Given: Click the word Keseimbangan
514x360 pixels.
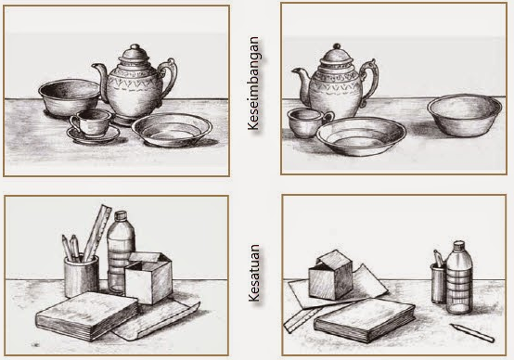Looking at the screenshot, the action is pyautogui.click(x=253, y=84).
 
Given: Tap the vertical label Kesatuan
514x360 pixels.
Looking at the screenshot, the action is pyautogui.click(x=253, y=273).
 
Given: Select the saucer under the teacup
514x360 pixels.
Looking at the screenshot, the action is pyautogui.click(x=94, y=135).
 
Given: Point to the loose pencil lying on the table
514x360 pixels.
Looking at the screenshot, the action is pyautogui.click(x=472, y=333).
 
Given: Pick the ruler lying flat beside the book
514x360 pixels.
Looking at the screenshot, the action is pyautogui.click(x=303, y=319).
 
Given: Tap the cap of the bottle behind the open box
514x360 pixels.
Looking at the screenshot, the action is pyautogui.click(x=121, y=215).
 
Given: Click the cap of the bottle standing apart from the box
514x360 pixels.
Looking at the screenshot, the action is pyautogui.click(x=458, y=245).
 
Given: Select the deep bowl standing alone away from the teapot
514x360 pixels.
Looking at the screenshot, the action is pyautogui.click(x=464, y=115).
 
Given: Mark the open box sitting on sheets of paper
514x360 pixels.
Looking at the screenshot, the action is pyautogui.click(x=330, y=275).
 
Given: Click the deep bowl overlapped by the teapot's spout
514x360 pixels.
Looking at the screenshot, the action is pyautogui.click(x=70, y=97).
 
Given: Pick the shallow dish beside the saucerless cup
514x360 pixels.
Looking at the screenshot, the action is pyautogui.click(x=361, y=135).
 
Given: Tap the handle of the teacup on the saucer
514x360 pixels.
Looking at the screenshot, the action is pyautogui.click(x=74, y=123).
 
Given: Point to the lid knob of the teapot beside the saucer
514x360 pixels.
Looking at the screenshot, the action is pyautogui.click(x=135, y=47).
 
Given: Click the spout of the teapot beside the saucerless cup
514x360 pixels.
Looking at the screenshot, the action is pyautogui.click(x=301, y=82).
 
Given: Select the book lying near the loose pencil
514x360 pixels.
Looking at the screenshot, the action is pyautogui.click(x=365, y=320).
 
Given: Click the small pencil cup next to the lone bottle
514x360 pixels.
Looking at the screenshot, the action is pyautogui.click(x=439, y=283).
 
